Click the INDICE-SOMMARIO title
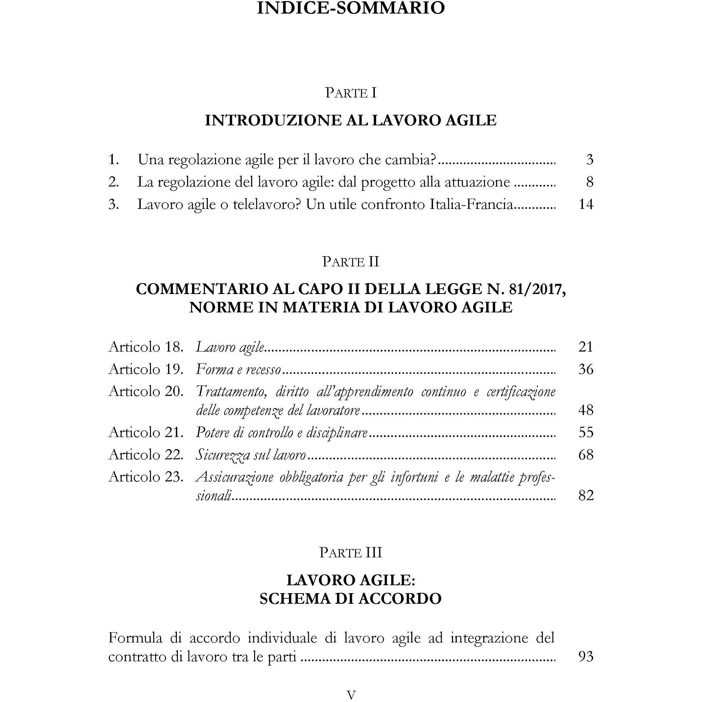click(x=351, y=8)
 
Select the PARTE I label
click(x=351, y=93)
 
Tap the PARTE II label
click(x=351, y=262)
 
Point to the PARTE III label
click(x=351, y=552)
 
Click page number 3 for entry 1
click(x=590, y=159)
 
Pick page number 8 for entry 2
click(x=590, y=182)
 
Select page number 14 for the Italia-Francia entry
click(x=586, y=204)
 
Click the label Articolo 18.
click(x=146, y=347)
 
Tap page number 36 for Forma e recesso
click(x=586, y=369)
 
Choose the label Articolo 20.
click(x=146, y=392)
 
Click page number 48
click(x=586, y=410)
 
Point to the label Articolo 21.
click(x=146, y=432)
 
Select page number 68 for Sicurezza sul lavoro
click(x=586, y=455)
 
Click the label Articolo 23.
click(x=146, y=477)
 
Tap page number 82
click(x=586, y=495)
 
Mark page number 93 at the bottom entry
click(x=586, y=657)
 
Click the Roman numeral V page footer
click(x=351, y=695)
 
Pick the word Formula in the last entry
click(x=135, y=638)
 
